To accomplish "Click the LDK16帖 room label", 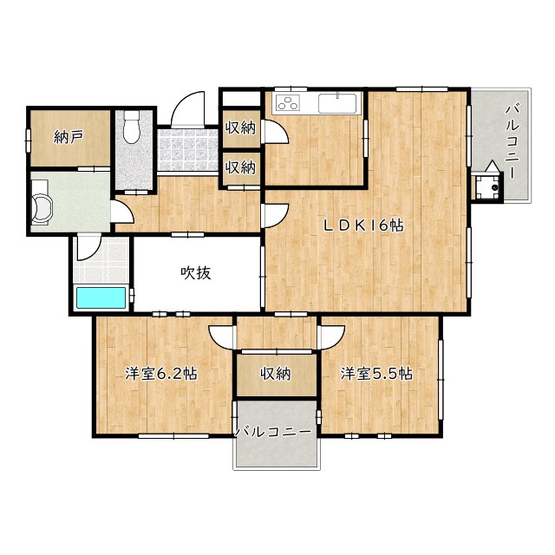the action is coord(363,225).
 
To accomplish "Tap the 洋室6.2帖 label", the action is coord(161,374).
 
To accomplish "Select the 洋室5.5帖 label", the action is coord(376,374).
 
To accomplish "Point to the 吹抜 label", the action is coord(196,273).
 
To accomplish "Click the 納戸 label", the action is coord(69,137).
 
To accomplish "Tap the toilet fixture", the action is coord(132,127).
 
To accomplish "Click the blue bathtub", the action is coord(101,297).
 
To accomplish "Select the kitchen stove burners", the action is coord(287,102).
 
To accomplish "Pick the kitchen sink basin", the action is coord(337,103).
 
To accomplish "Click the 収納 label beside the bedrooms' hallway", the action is coord(276,374).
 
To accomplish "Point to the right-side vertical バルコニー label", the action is coord(512,141).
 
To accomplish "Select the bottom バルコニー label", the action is coord(273,432).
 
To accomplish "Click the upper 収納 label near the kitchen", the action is coord(241,127).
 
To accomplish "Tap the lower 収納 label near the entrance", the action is coord(241,167).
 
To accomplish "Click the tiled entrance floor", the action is coord(188,150).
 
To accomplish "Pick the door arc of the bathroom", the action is coord(89,248).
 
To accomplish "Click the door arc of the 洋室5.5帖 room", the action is coord(331,337).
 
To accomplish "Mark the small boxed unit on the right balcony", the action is coord(487,186).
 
